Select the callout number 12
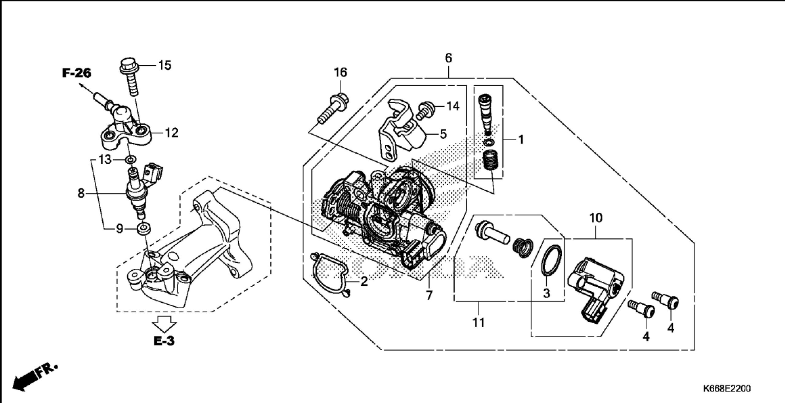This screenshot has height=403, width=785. (171, 133)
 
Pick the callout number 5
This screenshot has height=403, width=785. (443, 134)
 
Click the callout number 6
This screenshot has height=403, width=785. (449, 58)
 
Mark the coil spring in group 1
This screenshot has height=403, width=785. (490, 161)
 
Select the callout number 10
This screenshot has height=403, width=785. (596, 218)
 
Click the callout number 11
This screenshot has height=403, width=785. (478, 323)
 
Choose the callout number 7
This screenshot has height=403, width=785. (429, 295)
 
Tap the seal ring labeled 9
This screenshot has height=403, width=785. (144, 229)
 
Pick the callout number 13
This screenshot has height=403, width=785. (105, 160)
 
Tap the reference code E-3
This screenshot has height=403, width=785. (164, 341)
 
